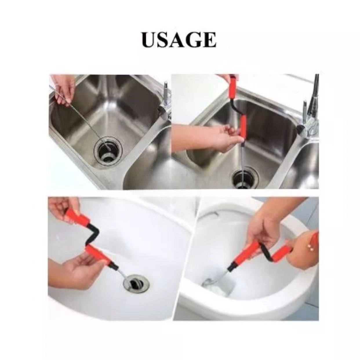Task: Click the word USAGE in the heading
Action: point(179,40)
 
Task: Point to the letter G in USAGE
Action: point(195,40)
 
